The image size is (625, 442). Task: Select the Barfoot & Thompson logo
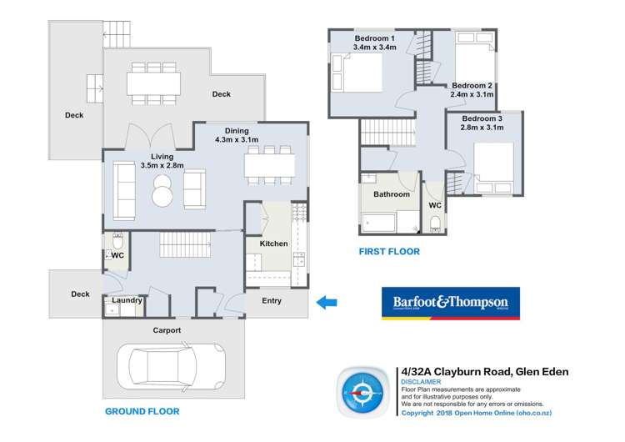click(450, 304)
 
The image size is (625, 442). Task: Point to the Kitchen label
click(273, 244)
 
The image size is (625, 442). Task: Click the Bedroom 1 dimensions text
click(374, 48)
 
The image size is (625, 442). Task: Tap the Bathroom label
click(391, 194)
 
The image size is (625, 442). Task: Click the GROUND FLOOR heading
click(142, 411)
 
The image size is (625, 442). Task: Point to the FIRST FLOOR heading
click(388, 251)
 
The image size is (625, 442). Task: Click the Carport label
click(166, 330)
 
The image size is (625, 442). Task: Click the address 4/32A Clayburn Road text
click(484, 372)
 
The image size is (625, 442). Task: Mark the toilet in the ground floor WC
click(117, 239)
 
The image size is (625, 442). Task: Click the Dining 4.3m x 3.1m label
click(237, 135)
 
